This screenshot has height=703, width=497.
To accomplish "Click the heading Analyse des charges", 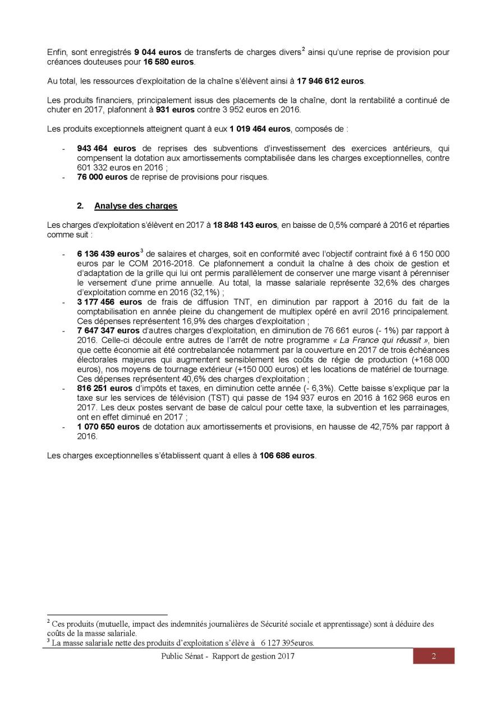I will (136, 206).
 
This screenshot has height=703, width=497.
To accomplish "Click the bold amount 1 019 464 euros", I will (260, 129).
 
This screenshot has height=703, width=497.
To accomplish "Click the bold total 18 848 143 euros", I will (245, 225).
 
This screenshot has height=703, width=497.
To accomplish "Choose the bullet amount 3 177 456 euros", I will (108, 302).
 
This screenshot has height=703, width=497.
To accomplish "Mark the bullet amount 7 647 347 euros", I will (108, 330).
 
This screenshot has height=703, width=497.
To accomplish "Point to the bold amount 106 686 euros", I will (287, 455).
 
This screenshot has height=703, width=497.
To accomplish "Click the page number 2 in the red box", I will (434, 656).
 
